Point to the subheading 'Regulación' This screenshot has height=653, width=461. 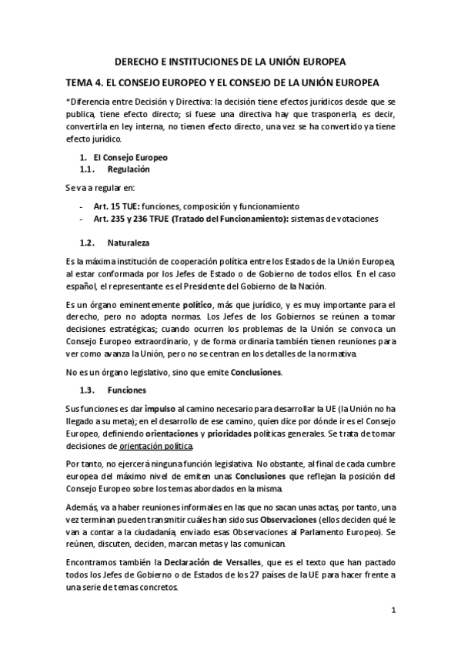coord(129,169)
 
